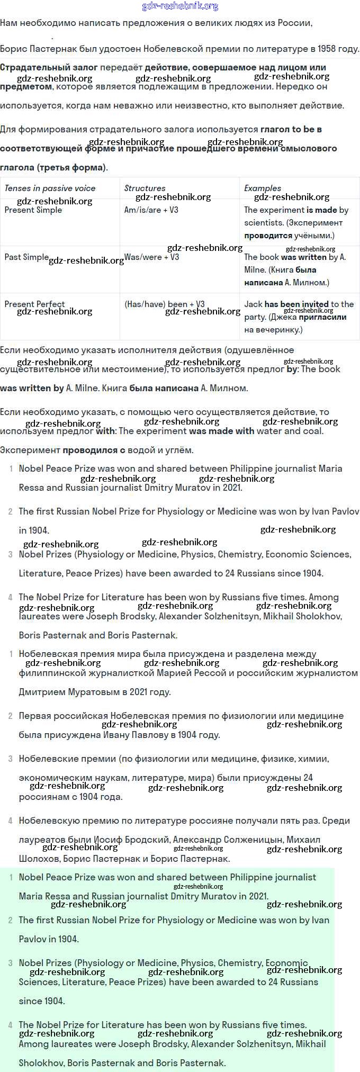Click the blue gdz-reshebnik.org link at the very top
pyautogui.click(x=180, y=6)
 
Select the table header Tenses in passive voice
pyautogui.click(x=50, y=188)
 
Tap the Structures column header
pyautogui.click(x=145, y=188)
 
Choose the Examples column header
pyautogui.click(x=263, y=188)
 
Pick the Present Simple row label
pyautogui.click(x=33, y=210)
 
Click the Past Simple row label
pyautogui.click(x=26, y=257)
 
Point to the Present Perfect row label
pyautogui.click(x=34, y=304)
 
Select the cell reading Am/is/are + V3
pyautogui.click(x=151, y=210)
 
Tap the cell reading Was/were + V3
pyautogui.click(x=151, y=257)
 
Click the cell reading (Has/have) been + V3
pyautogui.click(x=164, y=304)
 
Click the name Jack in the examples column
pyautogui.click(x=253, y=304)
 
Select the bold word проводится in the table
pyautogui.click(x=268, y=236)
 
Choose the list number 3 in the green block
pyautogui.click(x=11, y=963)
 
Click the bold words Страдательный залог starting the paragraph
pyautogui.click(x=49, y=67)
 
